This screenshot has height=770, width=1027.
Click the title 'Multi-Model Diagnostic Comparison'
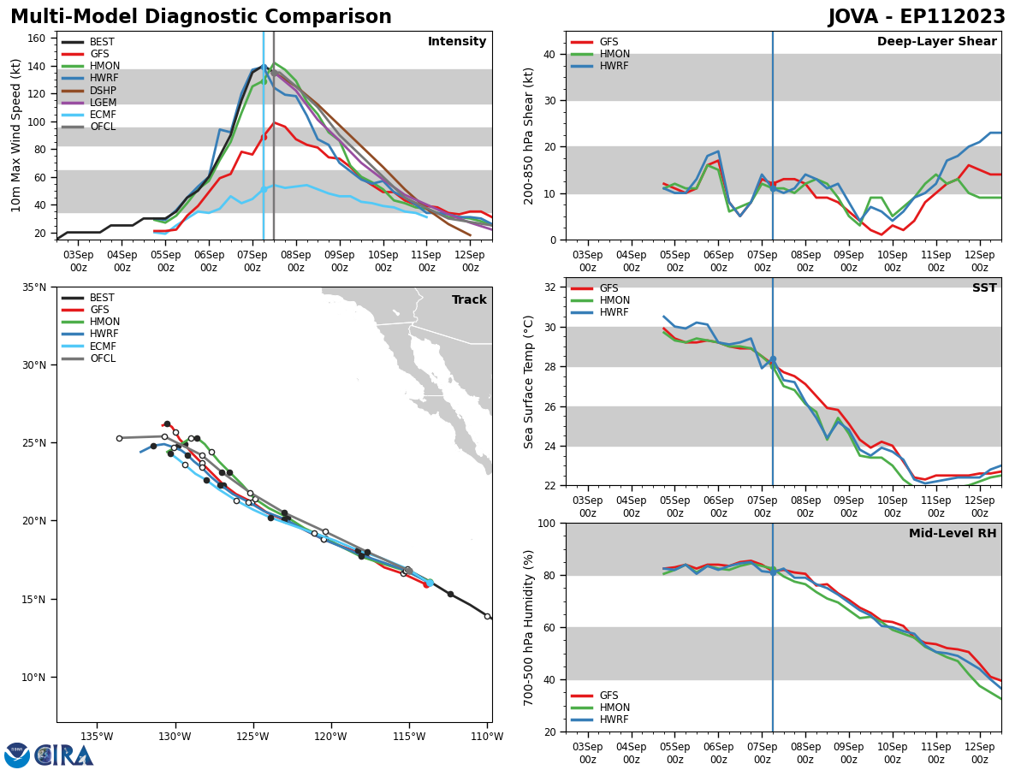click(201, 17)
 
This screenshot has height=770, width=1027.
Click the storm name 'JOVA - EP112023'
click(917, 17)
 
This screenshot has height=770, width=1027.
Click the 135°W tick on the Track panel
click(97, 737)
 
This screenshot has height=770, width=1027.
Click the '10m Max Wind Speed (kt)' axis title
click(15, 135)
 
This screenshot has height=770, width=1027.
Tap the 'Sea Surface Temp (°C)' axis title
click(529, 382)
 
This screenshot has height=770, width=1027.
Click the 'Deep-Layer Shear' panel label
click(936, 42)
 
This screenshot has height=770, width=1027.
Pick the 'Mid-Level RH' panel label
click(953, 534)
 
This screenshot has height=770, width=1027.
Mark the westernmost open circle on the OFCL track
click(119, 438)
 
